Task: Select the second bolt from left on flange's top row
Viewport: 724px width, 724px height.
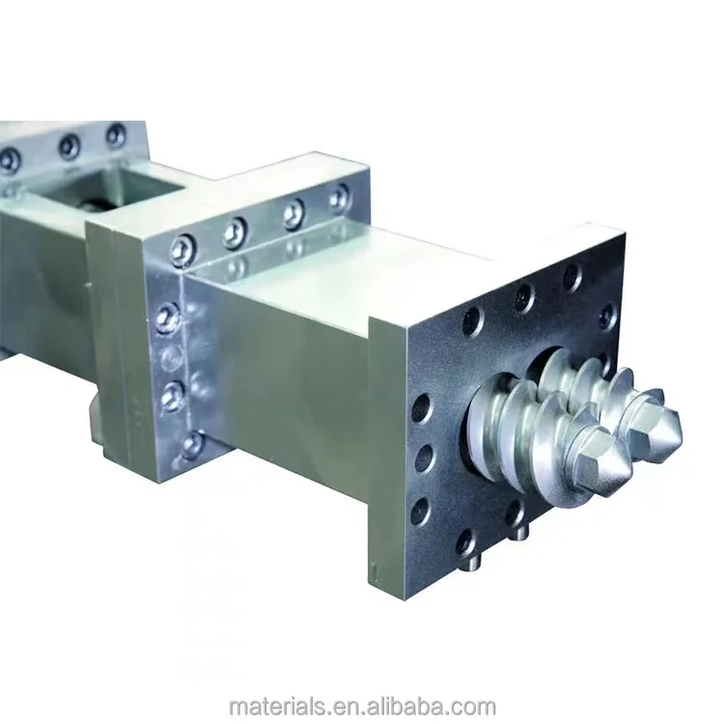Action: [x=235, y=233]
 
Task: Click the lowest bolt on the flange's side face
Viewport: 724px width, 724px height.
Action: [x=192, y=444]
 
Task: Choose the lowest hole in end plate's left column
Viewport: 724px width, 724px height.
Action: [x=421, y=511]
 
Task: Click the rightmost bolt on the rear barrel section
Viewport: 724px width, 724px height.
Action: [x=115, y=136]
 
